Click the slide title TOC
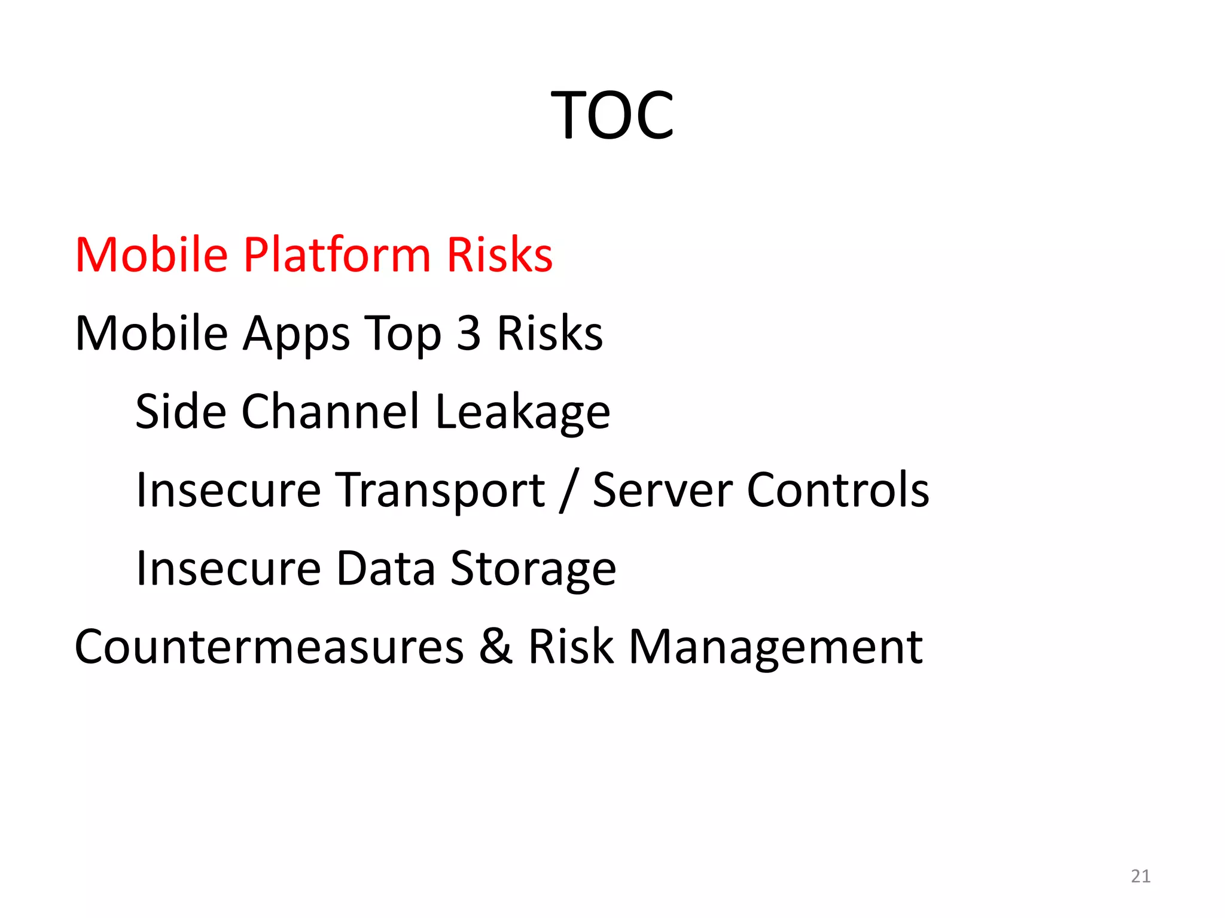coord(612,115)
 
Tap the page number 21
coord(1141,876)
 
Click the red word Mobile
coord(152,255)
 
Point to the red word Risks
coord(499,255)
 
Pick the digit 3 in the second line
coord(469,333)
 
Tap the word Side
coord(181,412)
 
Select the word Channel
coord(331,412)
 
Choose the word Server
coord(663,490)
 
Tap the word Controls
coord(839,490)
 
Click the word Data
coord(386,568)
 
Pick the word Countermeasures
coord(269,647)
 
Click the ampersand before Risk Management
coord(496,647)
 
